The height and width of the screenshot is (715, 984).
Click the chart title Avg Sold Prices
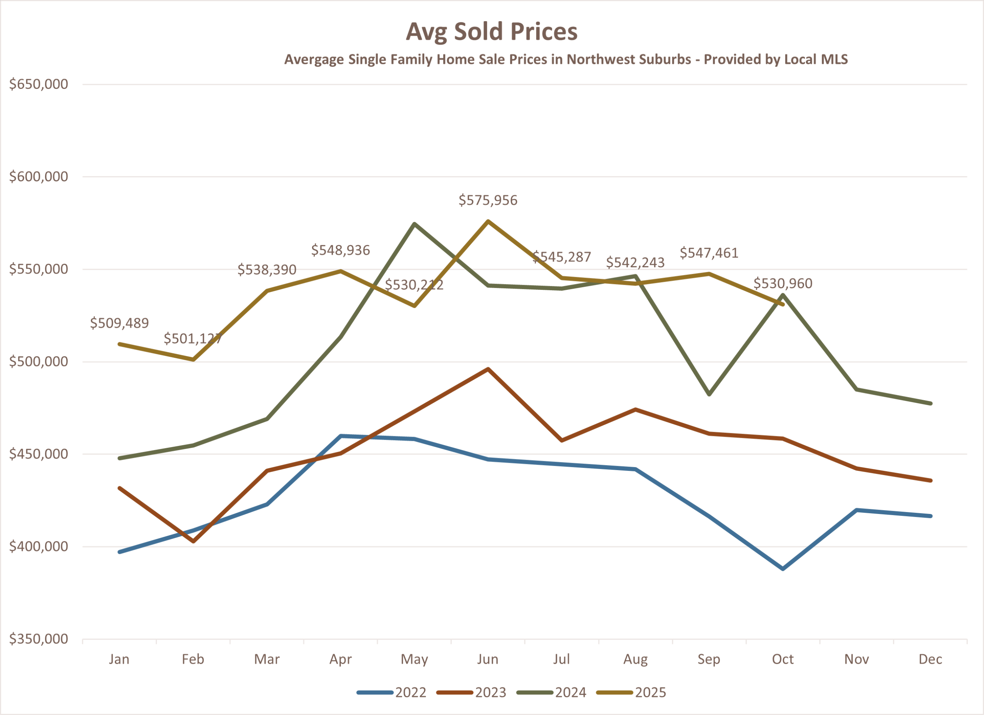(x=492, y=32)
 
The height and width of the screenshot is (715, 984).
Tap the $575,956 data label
(x=488, y=200)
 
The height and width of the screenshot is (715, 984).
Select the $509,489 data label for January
(x=119, y=323)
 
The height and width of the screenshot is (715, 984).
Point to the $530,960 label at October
(x=783, y=284)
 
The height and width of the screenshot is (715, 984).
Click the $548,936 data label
(x=341, y=250)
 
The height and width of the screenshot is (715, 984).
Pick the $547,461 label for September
(x=709, y=253)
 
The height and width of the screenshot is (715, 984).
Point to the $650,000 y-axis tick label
(x=39, y=84)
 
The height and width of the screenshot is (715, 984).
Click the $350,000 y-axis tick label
(x=39, y=639)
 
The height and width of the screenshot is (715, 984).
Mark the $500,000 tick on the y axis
(x=39, y=361)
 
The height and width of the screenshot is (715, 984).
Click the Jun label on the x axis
(x=488, y=660)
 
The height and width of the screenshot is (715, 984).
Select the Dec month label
(x=931, y=660)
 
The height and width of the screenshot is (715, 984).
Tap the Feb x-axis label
(x=193, y=660)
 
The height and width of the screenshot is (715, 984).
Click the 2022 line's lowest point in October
(x=783, y=569)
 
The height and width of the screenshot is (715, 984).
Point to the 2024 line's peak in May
(x=415, y=224)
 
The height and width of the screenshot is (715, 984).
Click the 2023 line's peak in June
(x=488, y=369)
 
